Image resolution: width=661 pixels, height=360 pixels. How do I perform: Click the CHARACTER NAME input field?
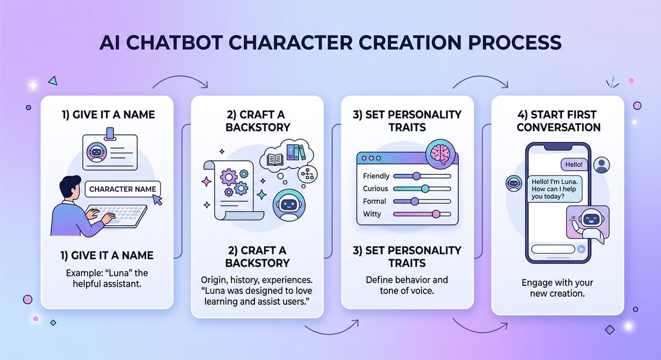click(122, 189)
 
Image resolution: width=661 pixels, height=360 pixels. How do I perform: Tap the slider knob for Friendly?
click(416, 176)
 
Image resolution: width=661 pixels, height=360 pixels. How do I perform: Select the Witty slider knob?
click(436, 214)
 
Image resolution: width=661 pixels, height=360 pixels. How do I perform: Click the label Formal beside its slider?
click(375, 201)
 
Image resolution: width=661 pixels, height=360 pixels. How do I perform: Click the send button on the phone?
click(581, 249)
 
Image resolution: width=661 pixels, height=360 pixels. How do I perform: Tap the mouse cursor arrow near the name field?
click(160, 201)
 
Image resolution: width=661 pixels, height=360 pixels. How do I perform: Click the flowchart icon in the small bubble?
click(308, 174)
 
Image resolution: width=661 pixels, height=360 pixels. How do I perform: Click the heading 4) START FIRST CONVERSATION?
click(557, 121)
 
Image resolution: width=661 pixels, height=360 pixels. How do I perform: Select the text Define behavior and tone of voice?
click(407, 285)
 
